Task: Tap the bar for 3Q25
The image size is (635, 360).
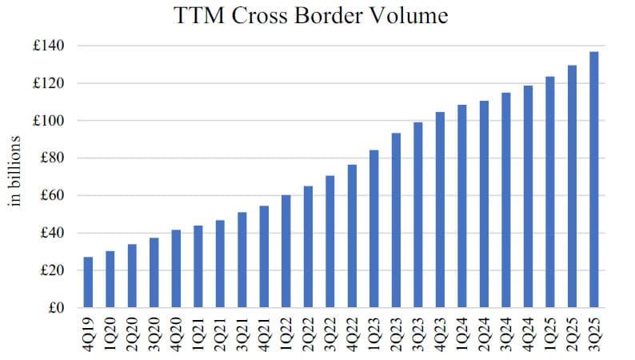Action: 593,180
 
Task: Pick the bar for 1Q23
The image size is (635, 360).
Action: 374,229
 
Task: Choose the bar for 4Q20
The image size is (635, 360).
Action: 176,269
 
